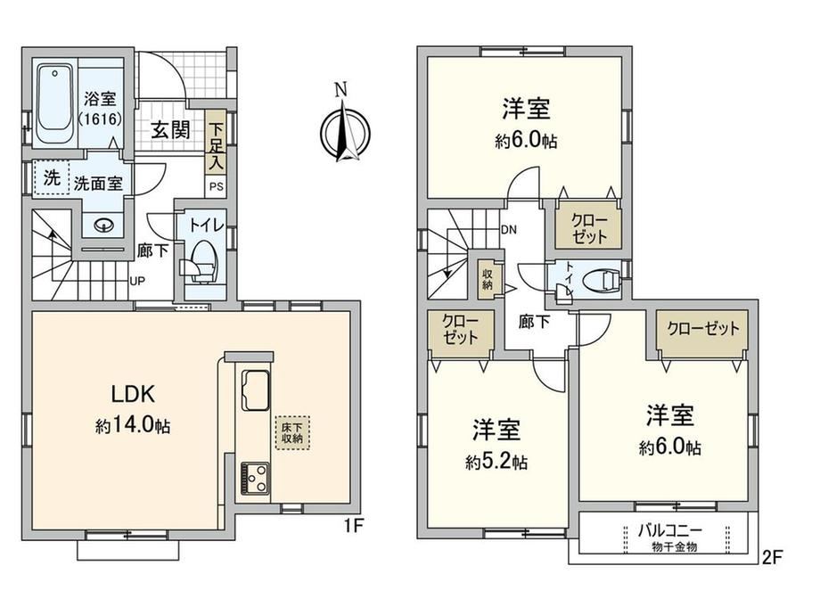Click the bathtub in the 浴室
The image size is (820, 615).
[x=54, y=106]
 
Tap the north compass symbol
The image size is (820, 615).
[x=344, y=128]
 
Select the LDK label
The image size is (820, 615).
[x=133, y=394]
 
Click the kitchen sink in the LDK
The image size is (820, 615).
[x=255, y=390]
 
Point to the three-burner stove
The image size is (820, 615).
[x=255, y=479]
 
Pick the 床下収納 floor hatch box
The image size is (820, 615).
[x=292, y=432]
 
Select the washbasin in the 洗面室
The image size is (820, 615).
[x=104, y=225]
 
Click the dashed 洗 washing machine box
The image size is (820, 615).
[x=52, y=177]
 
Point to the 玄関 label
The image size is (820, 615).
[x=171, y=130]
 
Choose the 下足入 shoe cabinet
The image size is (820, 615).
[x=215, y=142]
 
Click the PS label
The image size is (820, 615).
[x=216, y=186]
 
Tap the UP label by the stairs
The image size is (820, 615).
[x=137, y=281]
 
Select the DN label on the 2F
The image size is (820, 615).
[x=509, y=229]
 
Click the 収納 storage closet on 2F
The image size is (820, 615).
[x=488, y=279]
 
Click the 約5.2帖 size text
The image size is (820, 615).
[x=496, y=462]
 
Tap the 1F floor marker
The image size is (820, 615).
[x=354, y=525]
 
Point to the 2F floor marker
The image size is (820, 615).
[x=771, y=557]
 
